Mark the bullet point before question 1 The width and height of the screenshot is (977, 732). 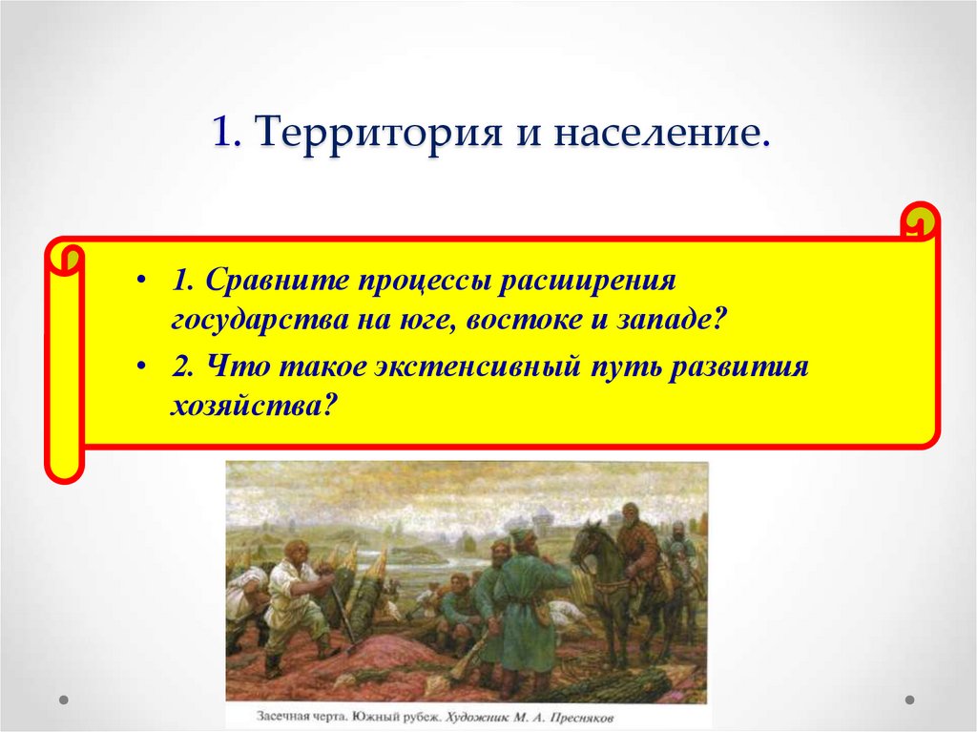(141, 283)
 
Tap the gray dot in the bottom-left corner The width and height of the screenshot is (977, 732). (64, 700)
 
